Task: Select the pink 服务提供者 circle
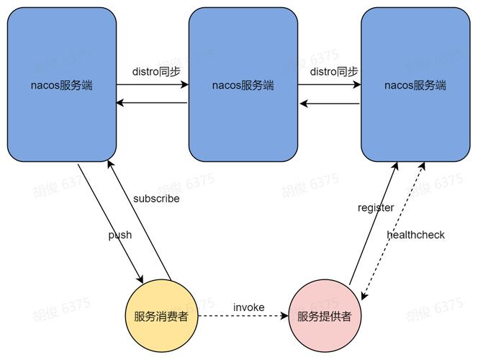coord(325,315)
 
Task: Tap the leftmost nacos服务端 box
coord(62,85)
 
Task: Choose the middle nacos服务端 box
coord(243,85)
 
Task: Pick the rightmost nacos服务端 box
coord(415,85)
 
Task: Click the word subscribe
coord(156,198)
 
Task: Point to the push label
coord(120,235)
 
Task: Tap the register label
coord(376,207)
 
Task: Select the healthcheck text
coord(415,235)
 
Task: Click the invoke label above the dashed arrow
coord(248,307)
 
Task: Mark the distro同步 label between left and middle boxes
coord(153,71)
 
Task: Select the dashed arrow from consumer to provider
coord(245,316)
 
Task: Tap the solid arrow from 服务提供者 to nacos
coord(372,223)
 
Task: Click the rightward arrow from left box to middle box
coord(153,85)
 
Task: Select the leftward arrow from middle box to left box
coord(153,103)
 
